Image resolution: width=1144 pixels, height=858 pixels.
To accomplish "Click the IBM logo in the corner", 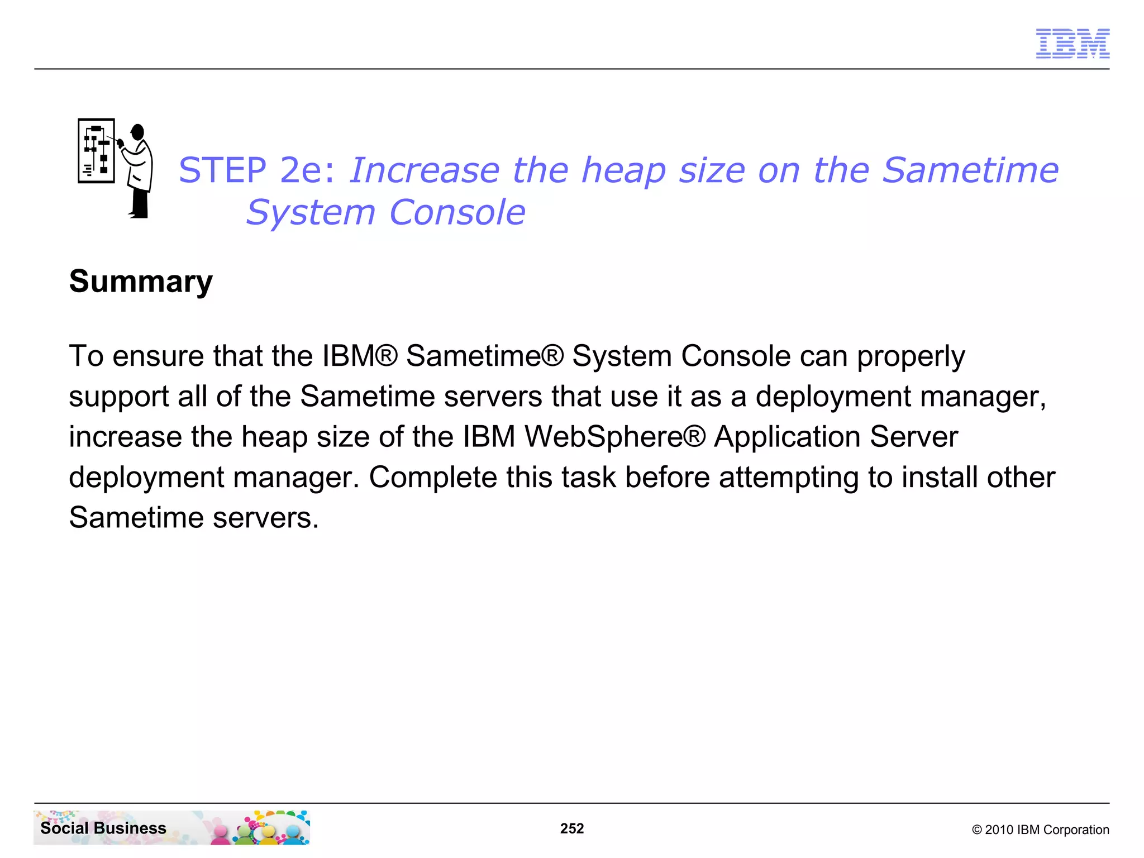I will point(1072,44).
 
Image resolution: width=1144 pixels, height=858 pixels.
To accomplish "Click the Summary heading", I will point(141,281).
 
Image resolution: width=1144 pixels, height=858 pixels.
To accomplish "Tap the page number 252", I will point(572,828).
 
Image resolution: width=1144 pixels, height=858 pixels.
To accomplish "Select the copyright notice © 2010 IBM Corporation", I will point(1041,830).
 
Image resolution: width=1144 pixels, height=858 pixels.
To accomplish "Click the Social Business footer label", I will point(103,828).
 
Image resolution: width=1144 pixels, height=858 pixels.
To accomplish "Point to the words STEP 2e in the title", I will point(257,170).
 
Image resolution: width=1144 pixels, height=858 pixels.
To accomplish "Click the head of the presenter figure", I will point(137,132).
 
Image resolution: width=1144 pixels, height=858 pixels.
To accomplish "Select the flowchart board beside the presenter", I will point(96,151).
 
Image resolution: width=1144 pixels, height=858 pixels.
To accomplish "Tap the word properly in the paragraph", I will point(911,356).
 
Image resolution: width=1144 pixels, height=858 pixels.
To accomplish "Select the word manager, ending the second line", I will point(983,397).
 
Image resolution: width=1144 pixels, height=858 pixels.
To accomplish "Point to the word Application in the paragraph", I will point(787,436).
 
